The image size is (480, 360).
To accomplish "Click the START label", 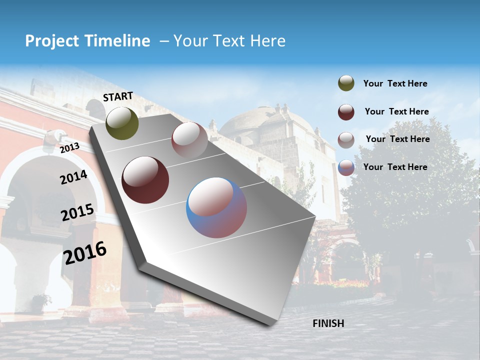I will click(x=118, y=96).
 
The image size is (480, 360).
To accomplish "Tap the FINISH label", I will click(x=328, y=323).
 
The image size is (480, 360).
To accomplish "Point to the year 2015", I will click(x=77, y=212).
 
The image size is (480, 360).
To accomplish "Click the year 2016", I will click(x=85, y=252).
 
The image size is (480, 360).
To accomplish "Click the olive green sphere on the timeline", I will click(x=122, y=123).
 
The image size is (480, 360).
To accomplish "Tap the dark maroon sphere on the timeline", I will click(x=145, y=180).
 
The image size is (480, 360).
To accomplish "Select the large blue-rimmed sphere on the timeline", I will click(x=216, y=207).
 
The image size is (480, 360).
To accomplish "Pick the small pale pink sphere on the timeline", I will click(x=189, y=140).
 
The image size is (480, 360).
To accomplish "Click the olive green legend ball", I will click(x=346, y=83).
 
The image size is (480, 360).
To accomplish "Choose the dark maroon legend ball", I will click(x=346, y=112).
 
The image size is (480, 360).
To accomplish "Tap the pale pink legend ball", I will click(x=346, y=139).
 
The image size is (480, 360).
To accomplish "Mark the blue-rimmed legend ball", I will click(x=346, y=167).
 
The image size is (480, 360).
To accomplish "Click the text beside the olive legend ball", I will click(x=395, y=83).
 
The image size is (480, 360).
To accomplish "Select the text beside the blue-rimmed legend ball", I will click(x=395, y=167).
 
